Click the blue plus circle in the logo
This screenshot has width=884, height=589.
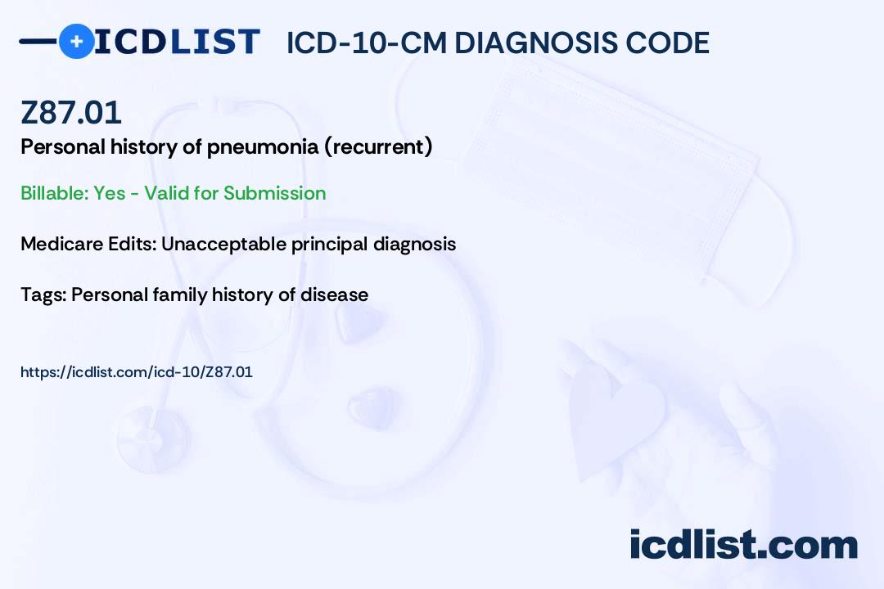point(76,41)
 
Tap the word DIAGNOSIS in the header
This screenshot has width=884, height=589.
point(536,43)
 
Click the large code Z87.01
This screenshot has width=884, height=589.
point(71,112)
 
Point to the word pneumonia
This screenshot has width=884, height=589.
point(262,147)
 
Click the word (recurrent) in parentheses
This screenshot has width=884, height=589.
point(378,146)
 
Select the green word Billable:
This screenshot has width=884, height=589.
point(54,193)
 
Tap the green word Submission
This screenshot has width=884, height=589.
point(274,193)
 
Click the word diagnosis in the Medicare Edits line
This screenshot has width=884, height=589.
point(414,244)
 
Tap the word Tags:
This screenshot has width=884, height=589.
point(43,294)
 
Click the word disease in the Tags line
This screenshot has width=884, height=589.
point(334,294)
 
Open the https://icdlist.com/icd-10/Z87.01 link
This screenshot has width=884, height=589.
point(137,372)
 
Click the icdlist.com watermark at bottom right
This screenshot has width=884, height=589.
point(743,545)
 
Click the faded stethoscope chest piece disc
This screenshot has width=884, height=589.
point(152,439)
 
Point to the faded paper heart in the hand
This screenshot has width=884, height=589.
point(615,417)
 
